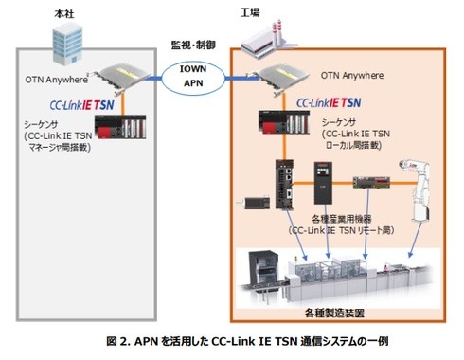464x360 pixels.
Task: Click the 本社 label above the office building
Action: click(x=64, y=13)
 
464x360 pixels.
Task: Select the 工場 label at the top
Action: click(x=250, y=12)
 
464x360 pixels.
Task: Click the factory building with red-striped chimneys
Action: click(x=269, y=40)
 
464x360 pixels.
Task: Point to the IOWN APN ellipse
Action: click(x=193, y=78)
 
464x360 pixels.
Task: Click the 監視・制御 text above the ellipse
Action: click(x=193, y=45)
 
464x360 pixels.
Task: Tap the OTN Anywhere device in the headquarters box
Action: click(x=122, y=78)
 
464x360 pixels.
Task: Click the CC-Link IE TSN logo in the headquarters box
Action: click(x=81, y=105)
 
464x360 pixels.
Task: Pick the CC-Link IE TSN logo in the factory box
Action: click(x=329, y=102)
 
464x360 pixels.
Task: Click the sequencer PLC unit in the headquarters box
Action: click(x=120, y=127)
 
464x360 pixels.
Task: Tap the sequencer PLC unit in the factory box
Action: click(x=284, y=122)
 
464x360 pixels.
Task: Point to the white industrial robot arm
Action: click(x=418, y=190)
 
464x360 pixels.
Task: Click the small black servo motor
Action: click(x=254, y=203)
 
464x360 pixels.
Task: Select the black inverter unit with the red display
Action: click(x=323, y=183)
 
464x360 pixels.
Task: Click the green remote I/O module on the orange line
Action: click(x=371, y=182)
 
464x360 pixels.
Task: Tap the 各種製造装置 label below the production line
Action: click(x=334, y=314)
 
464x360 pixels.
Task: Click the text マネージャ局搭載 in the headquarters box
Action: click(x=58, y=148)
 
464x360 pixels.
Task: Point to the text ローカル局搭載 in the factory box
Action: click(x=352, y=145)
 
